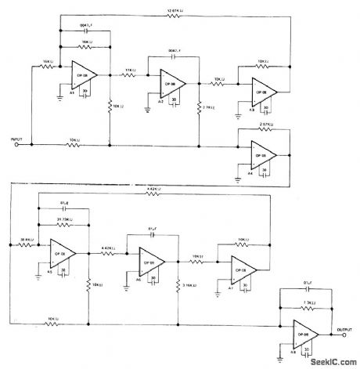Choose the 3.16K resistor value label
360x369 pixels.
pos(189,286)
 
